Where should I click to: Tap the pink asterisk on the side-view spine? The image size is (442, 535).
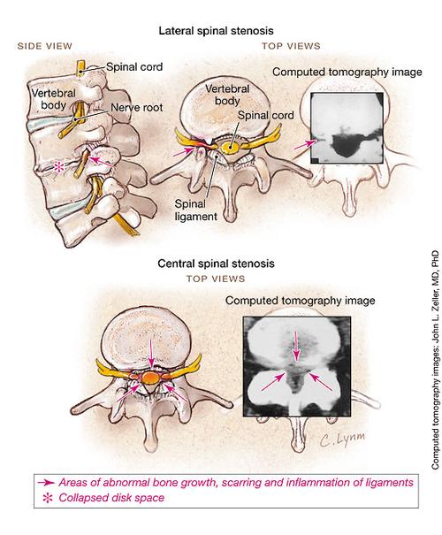(x=59, y=165)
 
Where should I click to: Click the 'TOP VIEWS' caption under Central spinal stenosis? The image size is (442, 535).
(x=211, y=277)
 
